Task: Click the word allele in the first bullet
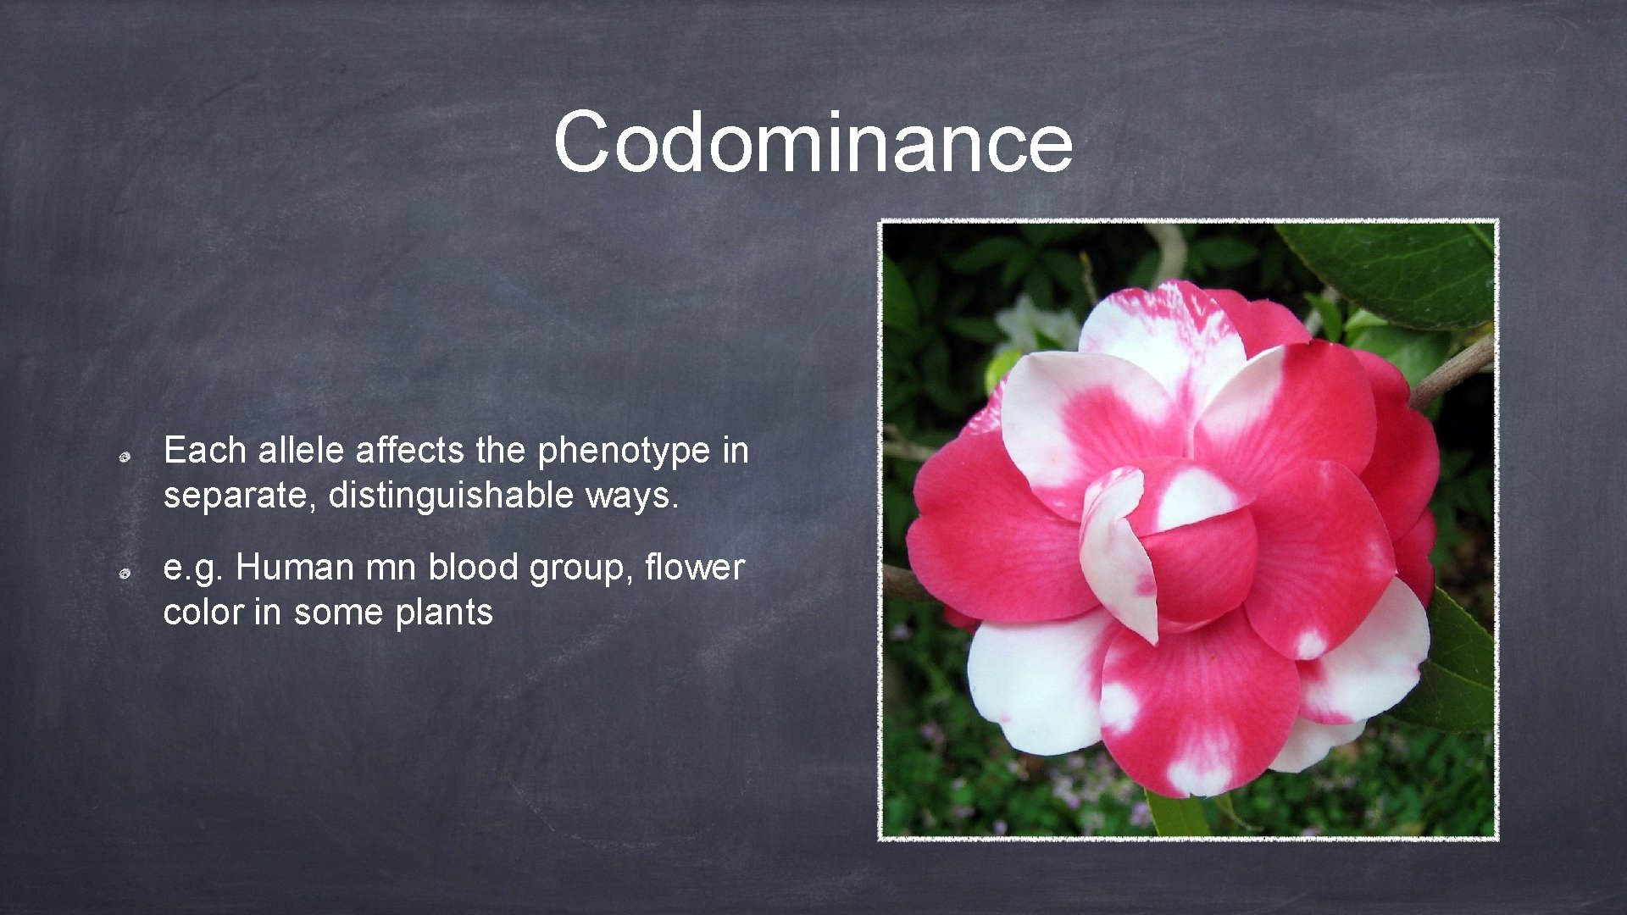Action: click(x=302, y=450)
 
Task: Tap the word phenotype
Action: click(x=624, y=452)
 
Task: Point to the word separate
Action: click(x=238, y=496)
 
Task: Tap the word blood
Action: click(x=473, y=567)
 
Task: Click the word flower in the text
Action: click(x=694, y=567)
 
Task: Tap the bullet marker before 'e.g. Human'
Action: click(x=123, y=574)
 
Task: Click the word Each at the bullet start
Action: click(x=204, y=450)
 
